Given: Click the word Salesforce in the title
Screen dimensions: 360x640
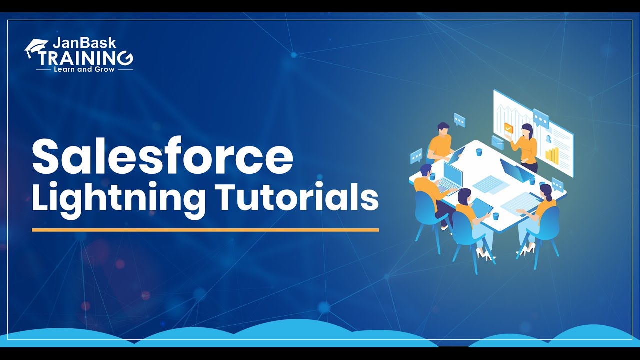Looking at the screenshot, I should [x=162, y=156].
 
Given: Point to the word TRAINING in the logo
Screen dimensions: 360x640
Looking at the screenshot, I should [x=87, y=58].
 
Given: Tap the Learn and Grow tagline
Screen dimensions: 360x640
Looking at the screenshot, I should [x=84, y=69].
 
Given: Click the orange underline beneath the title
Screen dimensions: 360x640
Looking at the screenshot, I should [x=205, y=230].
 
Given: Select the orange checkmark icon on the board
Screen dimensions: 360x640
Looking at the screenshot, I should [x=509, y=128].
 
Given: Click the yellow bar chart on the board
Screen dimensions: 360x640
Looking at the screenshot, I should [x=552, y=155].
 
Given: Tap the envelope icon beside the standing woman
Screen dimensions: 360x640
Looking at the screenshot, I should [x=498, y=141].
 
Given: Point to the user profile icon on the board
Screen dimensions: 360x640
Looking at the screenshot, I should [x=548, y=139].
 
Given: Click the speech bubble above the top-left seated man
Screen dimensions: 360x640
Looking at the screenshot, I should [x=459, y=120].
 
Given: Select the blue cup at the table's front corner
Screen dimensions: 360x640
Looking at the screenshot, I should [x=495, y=216].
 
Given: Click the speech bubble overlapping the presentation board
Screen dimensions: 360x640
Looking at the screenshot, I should [x=541, y=118].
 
